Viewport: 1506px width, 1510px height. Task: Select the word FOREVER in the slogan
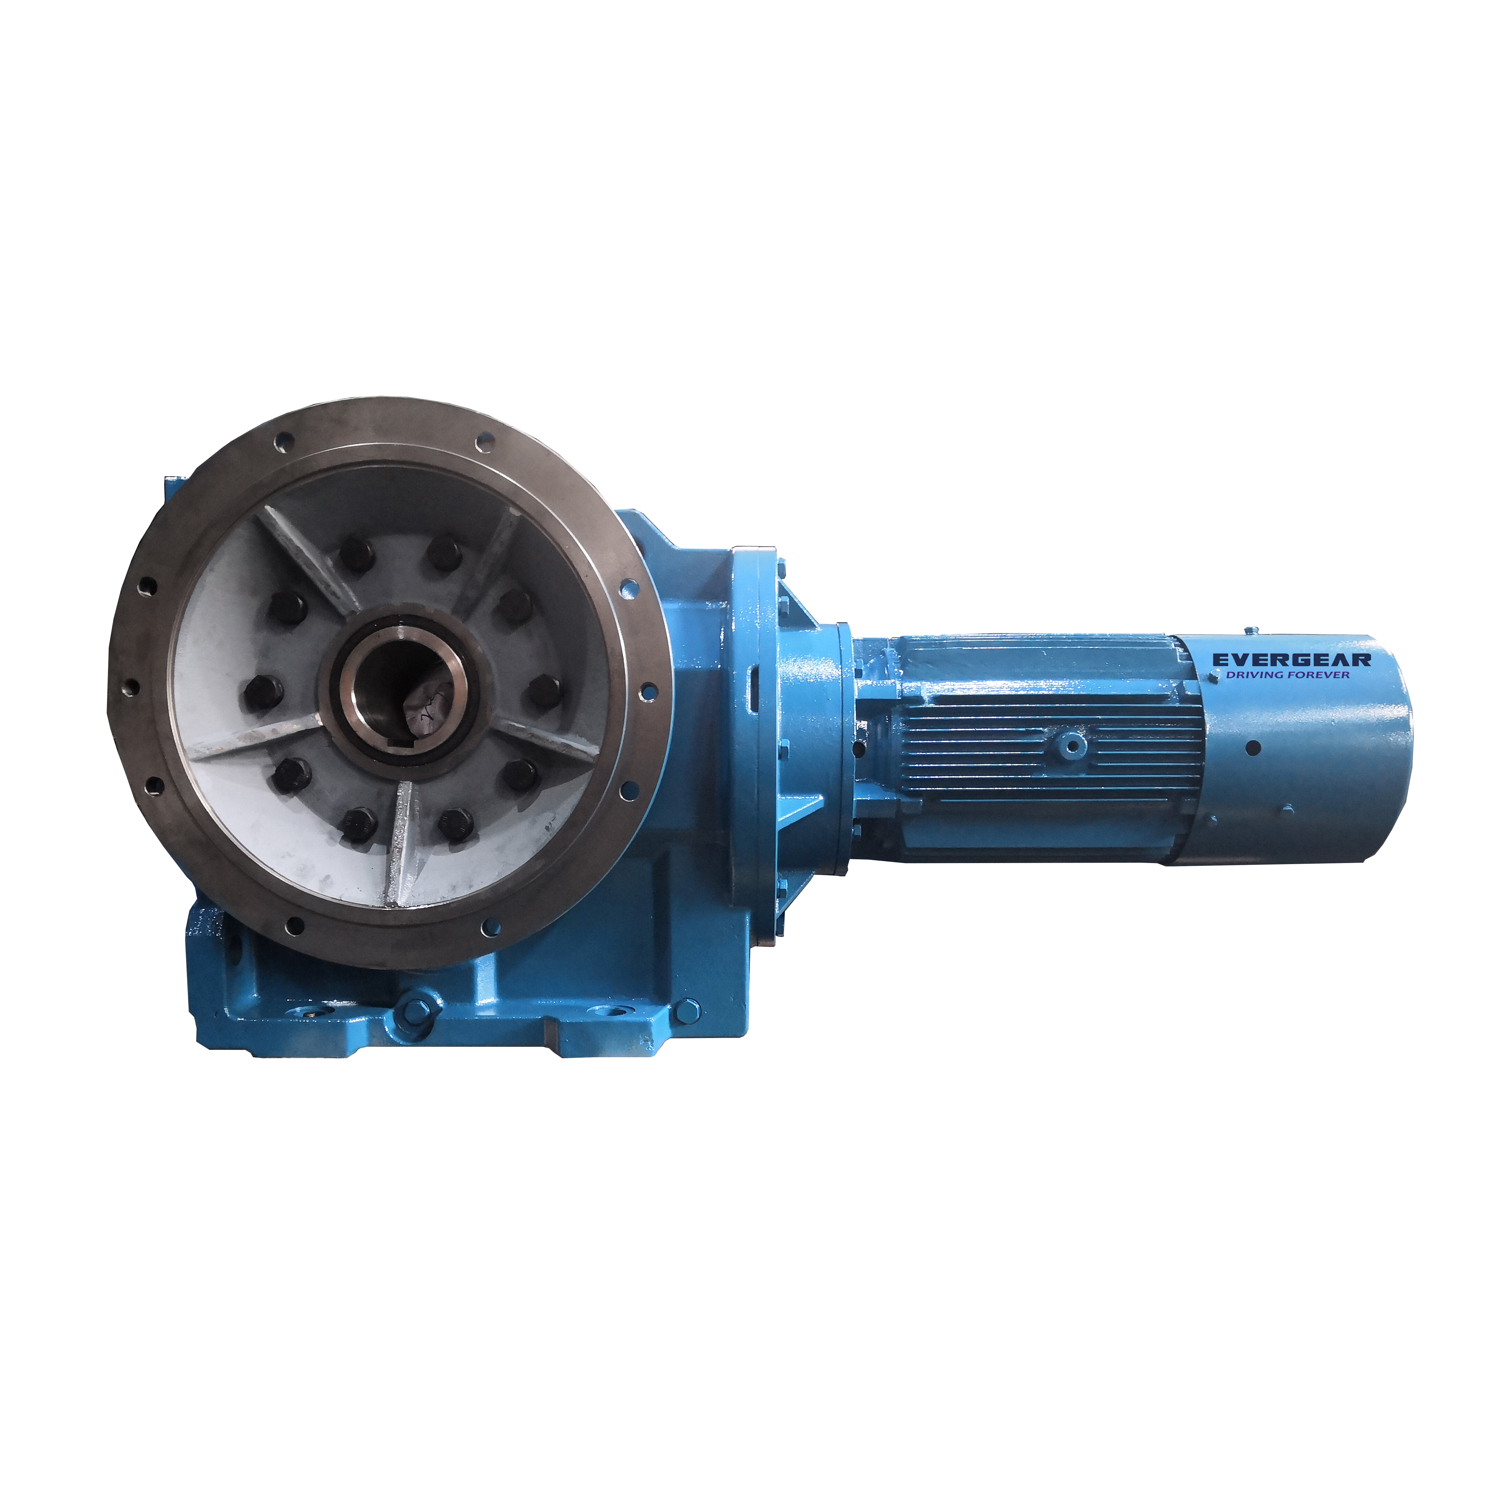(x=1321, y=674)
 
